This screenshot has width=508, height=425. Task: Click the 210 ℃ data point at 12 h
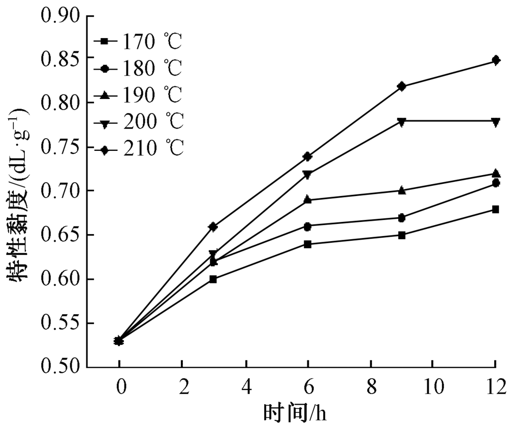point(495,61)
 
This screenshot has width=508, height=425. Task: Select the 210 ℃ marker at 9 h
point(402,86)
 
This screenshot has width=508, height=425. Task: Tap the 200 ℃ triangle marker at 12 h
point(495,121)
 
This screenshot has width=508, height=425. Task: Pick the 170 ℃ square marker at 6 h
point(307,244)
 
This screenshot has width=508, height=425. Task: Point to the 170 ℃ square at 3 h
point(213,279)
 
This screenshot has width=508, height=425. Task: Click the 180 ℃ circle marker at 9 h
point(402,218)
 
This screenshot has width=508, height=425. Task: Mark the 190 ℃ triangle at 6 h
point(307,200)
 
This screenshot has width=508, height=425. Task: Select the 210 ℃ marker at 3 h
point(213,226)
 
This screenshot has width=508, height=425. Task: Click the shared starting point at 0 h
point(119,341)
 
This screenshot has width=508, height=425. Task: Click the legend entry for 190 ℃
point(145,94)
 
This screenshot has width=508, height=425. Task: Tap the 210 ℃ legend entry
point(145,148)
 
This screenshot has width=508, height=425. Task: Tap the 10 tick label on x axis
point(432,388)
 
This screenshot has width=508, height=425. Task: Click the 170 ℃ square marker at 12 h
point(495,209)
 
